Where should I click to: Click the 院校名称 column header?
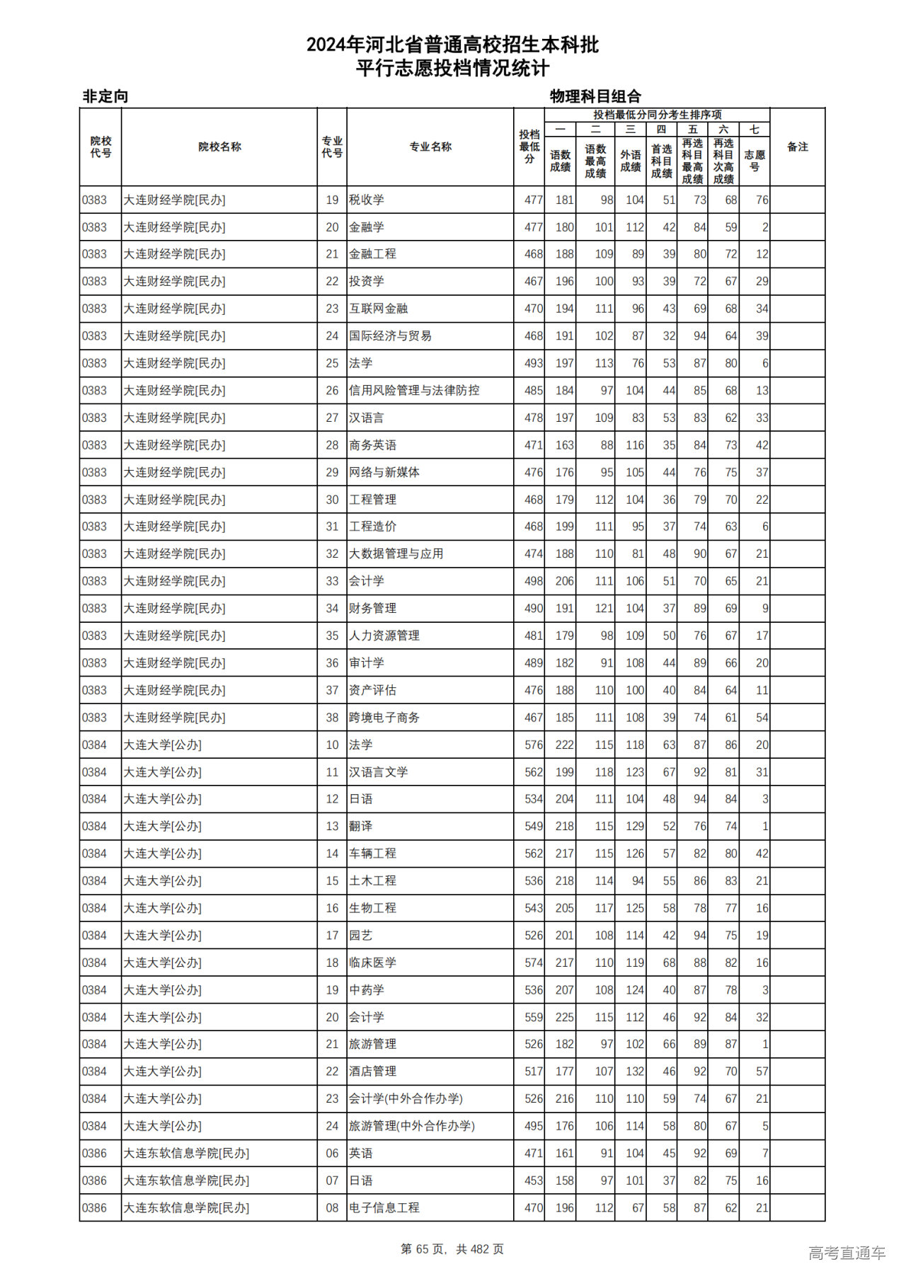point(219,147)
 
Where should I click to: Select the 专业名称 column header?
point(430,147)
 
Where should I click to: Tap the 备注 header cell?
point(797,147)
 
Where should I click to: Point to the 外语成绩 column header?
point(631,161)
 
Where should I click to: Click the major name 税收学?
point(367,200)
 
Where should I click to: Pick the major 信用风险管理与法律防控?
point(414,391)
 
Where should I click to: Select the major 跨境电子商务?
point(384,718)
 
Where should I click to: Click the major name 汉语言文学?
point(379,772)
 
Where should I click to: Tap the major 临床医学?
point(372,963)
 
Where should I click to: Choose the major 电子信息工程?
point(384,1208)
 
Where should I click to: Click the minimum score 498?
point(534,581)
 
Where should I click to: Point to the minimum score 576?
point(534,745)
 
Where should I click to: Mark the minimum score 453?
point(534,1181)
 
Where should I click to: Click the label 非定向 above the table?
point(105,96)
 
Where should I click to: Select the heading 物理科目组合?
point(595,96)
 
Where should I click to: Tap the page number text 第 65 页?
point(424,1250)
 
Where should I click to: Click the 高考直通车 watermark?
point(847,1253)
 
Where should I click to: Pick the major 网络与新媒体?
point(384,472)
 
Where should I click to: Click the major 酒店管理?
point(372,1072)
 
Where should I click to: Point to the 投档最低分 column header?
point(529,147)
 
